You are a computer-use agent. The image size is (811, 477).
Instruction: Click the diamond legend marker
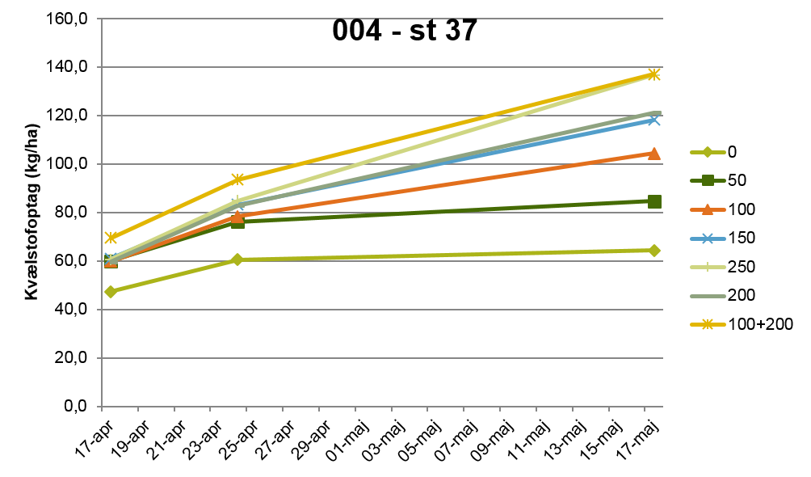[708, 152]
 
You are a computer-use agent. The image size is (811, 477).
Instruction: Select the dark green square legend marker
[708, 180]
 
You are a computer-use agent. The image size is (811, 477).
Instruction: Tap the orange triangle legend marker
[708, 209]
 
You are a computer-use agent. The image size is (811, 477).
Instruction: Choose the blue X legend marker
[708, 238]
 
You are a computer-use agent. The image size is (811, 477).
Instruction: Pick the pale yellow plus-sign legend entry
[708, 267]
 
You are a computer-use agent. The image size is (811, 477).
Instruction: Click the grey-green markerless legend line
[708, 296]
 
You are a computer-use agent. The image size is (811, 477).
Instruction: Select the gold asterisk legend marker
[708, 324]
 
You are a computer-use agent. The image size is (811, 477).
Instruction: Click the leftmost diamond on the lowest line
[111, 291]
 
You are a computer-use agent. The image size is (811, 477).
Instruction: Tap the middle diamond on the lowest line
[237, 260]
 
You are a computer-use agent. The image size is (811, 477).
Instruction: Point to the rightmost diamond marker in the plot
[653, 251]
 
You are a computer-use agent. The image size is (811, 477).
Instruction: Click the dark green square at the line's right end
[654, 201]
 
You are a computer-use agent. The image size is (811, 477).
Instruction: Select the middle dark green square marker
[237, 222]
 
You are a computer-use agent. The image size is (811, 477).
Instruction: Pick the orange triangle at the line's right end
[653, 153]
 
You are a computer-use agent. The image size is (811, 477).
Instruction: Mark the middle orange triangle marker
[237, 216]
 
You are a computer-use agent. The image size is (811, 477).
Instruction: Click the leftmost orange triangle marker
[111, 262]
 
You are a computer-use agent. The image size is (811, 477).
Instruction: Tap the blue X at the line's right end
[653, 120]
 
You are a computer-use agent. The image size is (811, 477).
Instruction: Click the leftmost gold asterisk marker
[111, 238]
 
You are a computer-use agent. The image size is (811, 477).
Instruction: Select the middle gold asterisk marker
[237, 179]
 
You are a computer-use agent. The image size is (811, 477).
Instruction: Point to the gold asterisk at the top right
[653, 74]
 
